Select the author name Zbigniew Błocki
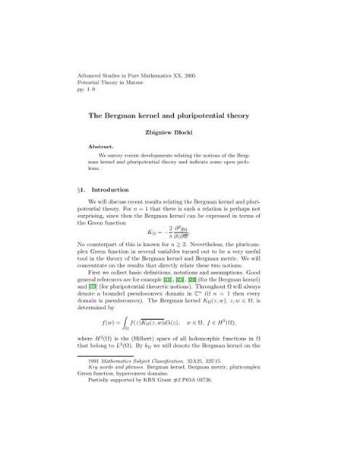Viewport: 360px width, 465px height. click(x=179, y=132)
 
